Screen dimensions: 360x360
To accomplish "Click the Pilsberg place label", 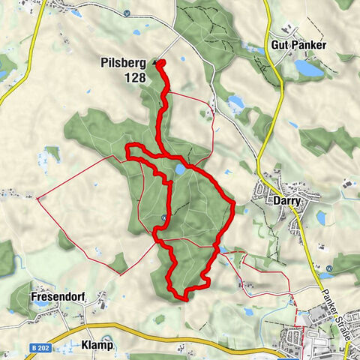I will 124,63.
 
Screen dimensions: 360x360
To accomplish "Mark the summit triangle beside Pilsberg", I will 156,63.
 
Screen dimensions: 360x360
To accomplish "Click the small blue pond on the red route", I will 181,170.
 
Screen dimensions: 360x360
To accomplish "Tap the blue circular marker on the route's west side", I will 163,218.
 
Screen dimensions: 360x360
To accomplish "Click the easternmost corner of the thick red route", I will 234,202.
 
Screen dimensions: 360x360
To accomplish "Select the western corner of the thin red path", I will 37,199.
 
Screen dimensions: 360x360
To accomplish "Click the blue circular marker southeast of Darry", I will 329,268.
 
